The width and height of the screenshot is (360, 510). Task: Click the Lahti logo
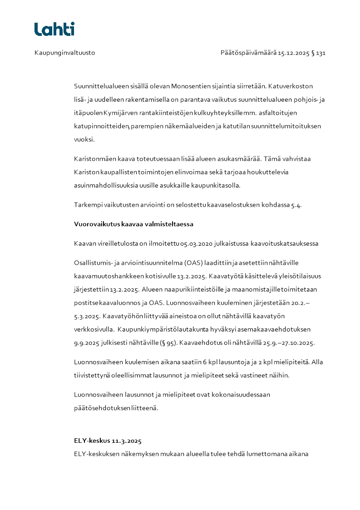click(x=54, y=29)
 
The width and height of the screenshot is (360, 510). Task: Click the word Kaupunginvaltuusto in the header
click(x=64, y=53)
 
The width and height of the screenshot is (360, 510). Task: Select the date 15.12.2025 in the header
click(x=293, y=53)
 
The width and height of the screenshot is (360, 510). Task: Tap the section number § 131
click(x=319, y=53)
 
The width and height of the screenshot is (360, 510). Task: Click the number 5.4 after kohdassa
click(x=296, y=205)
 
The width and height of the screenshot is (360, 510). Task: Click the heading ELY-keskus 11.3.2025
click(x=108, y=441)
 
